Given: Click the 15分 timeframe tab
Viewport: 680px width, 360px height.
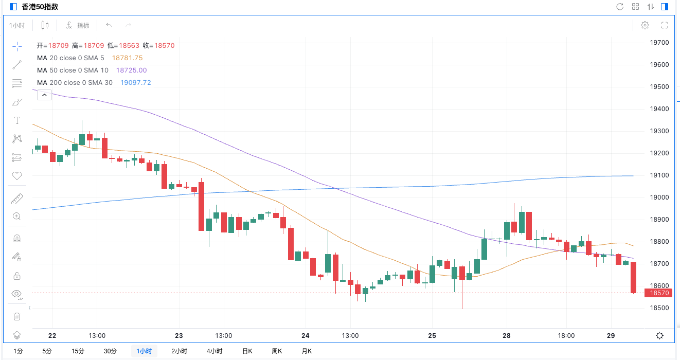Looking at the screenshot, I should pos(78,351).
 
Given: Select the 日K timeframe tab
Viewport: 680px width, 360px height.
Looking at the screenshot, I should pos(247,351).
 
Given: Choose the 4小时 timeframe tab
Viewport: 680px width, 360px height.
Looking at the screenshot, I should pos(214,351).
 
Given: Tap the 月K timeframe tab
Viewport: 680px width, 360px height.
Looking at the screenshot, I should pos(307,351).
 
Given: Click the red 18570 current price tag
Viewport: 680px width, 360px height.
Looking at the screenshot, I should pos(659,293).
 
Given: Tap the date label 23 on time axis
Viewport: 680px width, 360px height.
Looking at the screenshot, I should pos(179,336).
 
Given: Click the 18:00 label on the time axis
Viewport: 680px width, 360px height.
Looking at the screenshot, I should pos(566,336).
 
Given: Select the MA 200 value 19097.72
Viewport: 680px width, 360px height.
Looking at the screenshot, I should pos(136,83).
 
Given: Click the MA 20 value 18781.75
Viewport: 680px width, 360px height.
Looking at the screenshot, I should pos(127,58).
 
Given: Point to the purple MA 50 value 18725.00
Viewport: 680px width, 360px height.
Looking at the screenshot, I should pos(131,70).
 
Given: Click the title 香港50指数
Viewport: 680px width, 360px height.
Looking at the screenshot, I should pos(40,7).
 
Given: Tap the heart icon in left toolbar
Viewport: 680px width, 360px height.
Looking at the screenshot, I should pos(17,176).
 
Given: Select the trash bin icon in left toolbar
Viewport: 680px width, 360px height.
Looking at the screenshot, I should pos(17,316).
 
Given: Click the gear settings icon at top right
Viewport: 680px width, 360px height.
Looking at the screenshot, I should pos(645,25).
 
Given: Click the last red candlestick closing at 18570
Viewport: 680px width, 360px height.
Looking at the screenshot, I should pos(633,278).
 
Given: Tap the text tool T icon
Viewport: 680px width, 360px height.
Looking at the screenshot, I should pos(17,120).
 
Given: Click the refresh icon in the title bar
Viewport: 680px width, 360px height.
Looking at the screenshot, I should pos(620,7).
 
